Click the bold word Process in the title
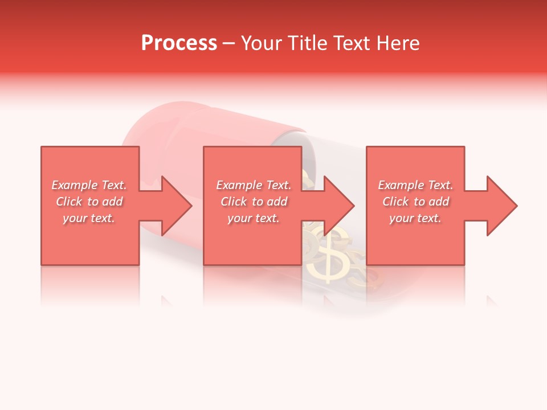(x=179, y=43)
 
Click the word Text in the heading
(x=352, y=43)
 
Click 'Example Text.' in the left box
(x=89, y=185)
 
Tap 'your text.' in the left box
(x=89, y=218)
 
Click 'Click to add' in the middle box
(x=254, y=202)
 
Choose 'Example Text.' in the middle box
(x=254, y=185)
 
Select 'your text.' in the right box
(x=415, y=218)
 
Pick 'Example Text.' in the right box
(x=415, y=185)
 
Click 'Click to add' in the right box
(x=415, y=202)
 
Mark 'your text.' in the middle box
(x=254, y=218)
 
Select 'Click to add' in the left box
(x=89, y=202)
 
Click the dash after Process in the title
(x=228, y=43)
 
